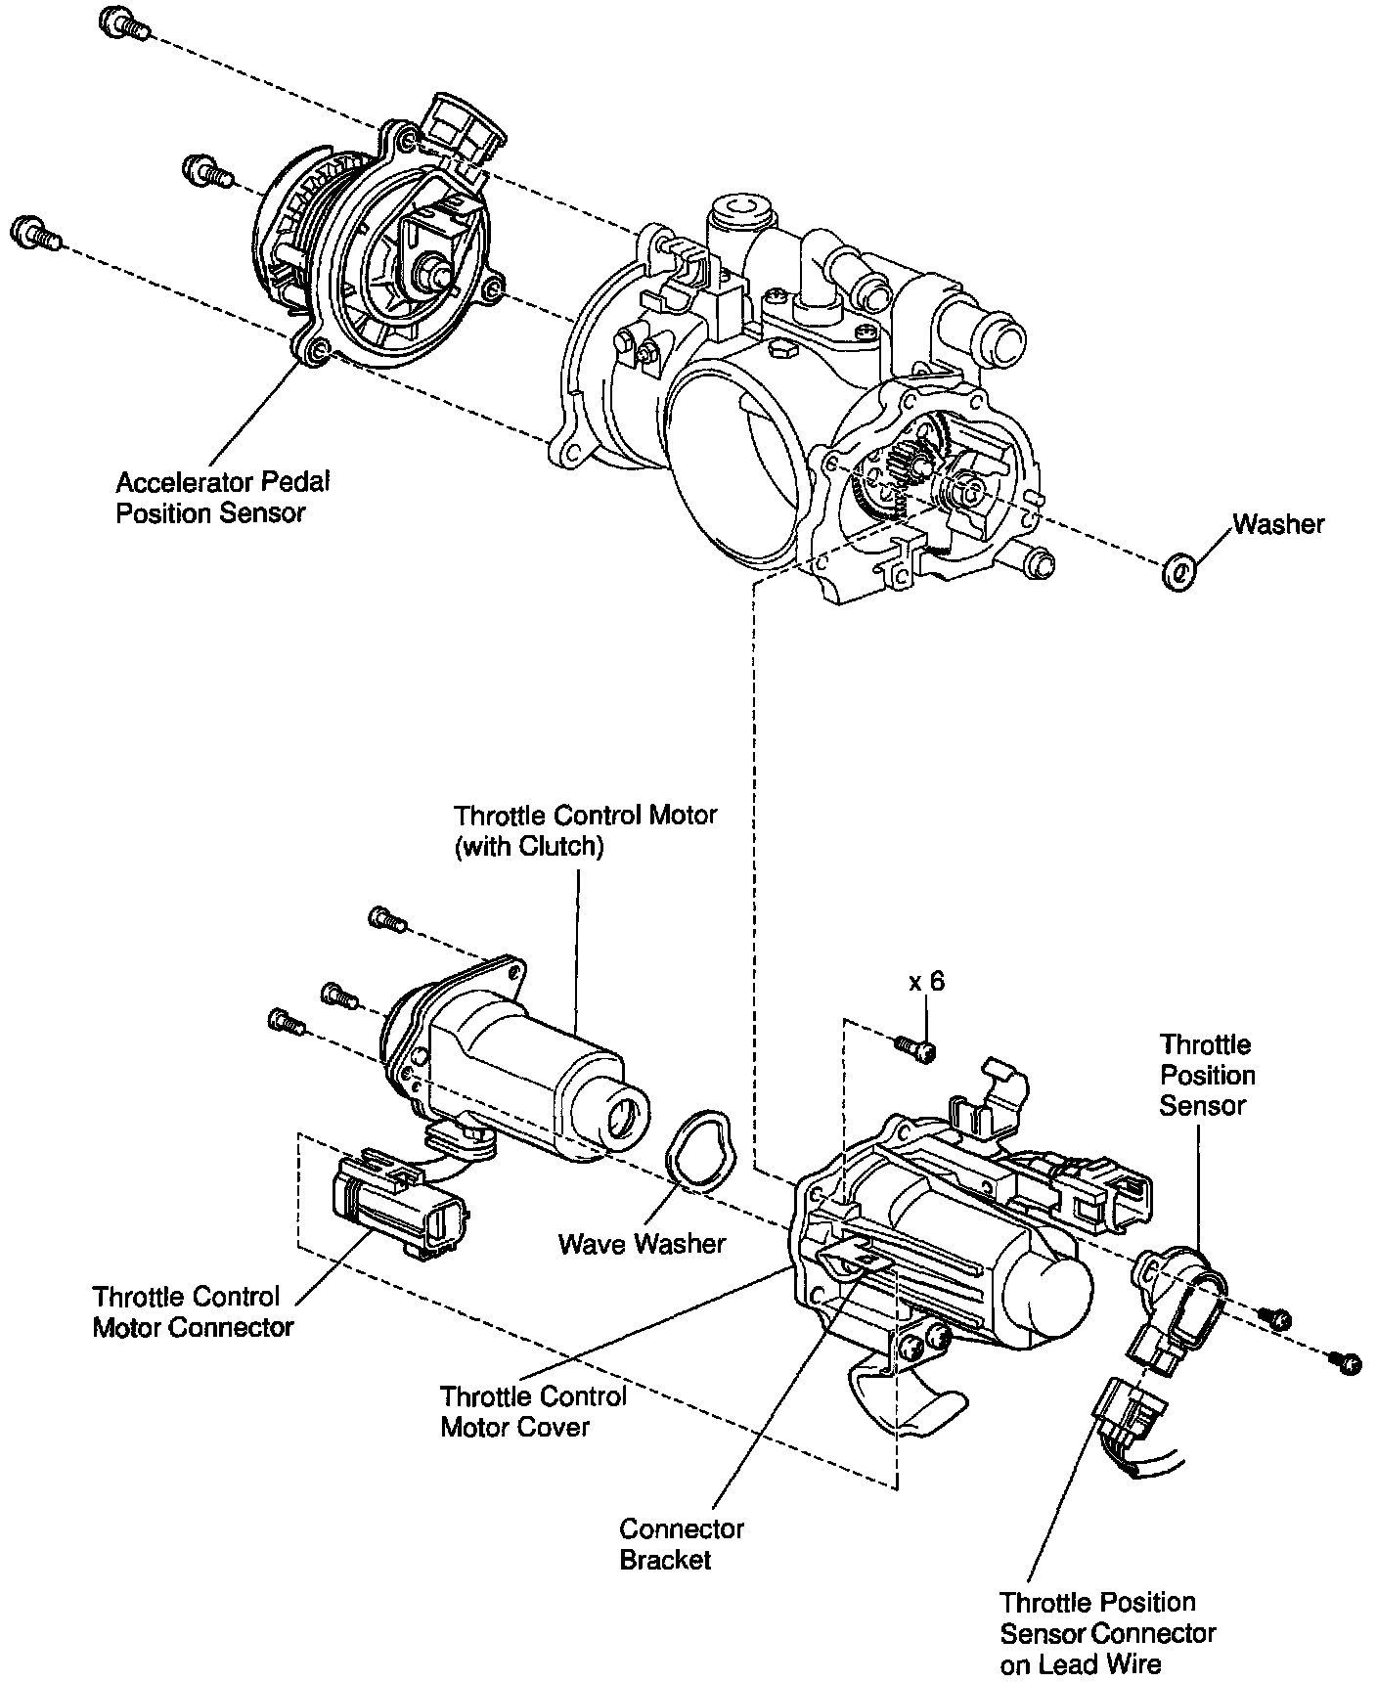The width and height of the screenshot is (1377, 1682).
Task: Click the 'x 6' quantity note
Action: [926, 982]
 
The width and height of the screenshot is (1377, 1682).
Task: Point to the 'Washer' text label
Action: [1278, 524]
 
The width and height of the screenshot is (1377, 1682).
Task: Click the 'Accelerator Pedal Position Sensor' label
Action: [223, 498]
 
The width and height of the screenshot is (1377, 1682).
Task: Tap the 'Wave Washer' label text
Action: [642, 1244]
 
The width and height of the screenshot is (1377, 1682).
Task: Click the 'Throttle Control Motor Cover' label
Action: [532, 1411]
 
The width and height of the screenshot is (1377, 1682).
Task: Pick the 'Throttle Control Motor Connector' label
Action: [193, 1311]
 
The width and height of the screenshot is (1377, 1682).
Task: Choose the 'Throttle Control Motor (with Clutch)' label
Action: [585, 830]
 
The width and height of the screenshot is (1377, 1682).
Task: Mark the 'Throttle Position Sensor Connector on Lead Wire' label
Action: [1106, 1632]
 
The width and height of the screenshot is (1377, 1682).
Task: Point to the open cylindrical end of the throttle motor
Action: [623, 1115]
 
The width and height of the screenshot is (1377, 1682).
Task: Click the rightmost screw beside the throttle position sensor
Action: [1349, 1361]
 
